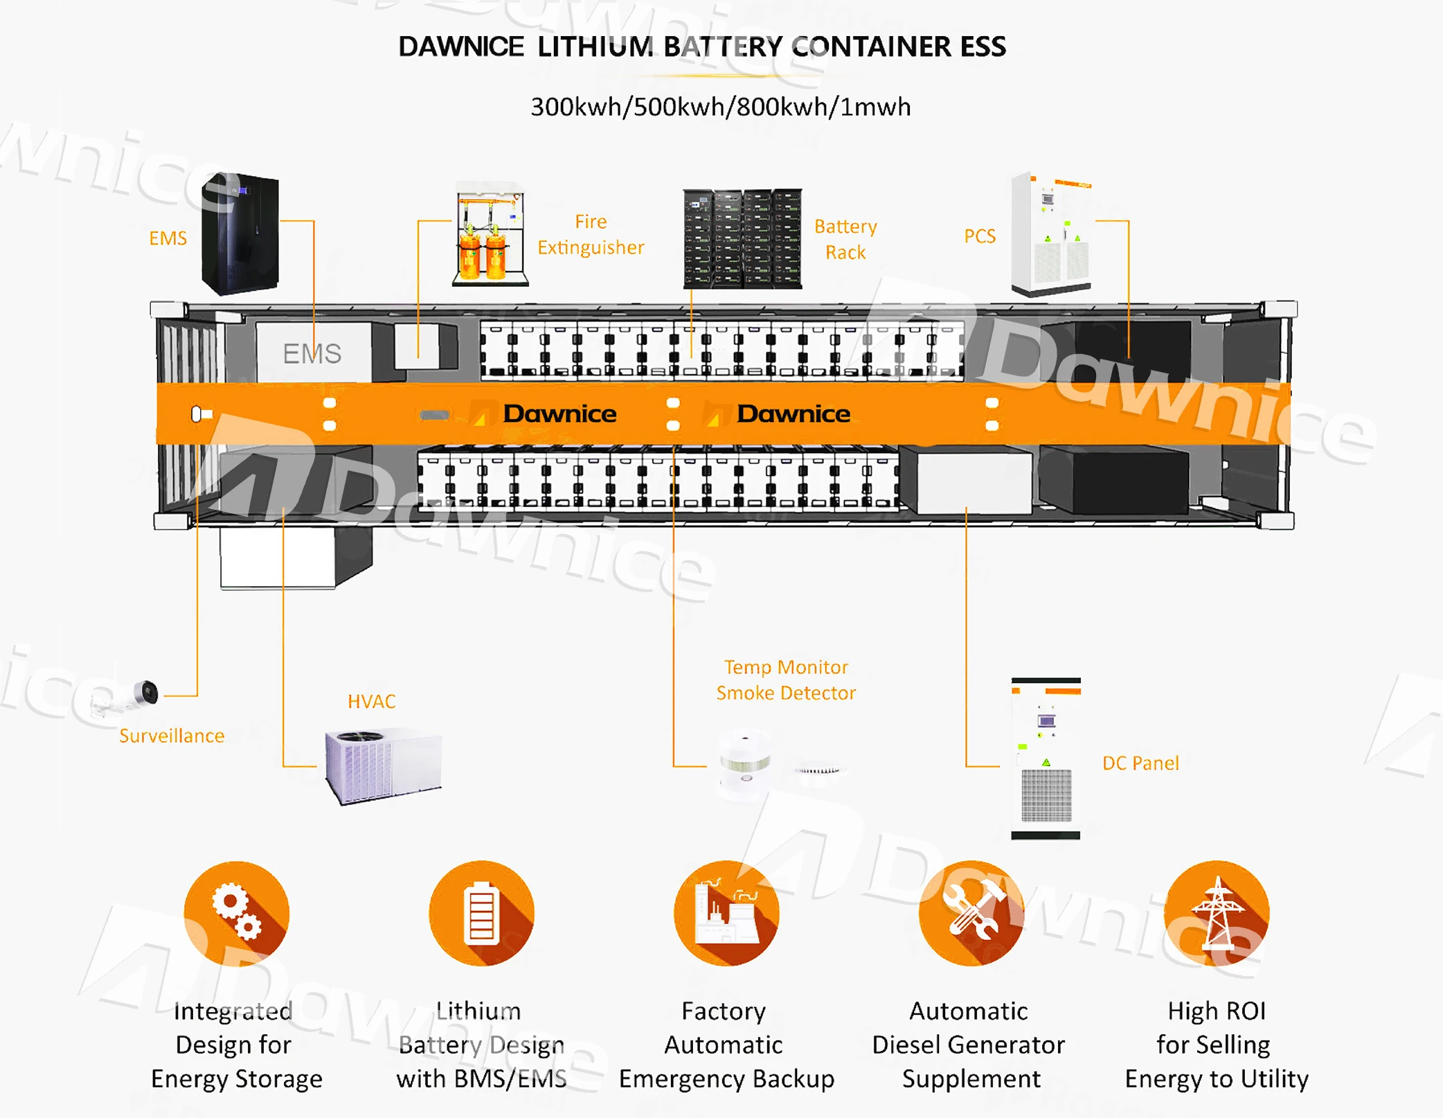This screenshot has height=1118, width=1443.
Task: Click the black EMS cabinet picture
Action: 240,234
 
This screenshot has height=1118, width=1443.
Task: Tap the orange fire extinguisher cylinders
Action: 483,255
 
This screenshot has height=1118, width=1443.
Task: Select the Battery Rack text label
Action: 845,239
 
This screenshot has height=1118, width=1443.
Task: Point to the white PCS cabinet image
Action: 1050,234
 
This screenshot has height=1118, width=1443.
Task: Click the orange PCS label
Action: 979,236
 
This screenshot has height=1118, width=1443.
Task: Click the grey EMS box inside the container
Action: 313,353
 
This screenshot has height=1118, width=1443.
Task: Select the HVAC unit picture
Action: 383,765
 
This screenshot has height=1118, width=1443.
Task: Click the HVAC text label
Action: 371,701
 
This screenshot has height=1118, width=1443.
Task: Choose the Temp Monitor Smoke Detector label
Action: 786,680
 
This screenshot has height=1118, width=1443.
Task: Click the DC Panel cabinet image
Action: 1046,759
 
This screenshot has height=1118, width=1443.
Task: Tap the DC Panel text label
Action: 1140,763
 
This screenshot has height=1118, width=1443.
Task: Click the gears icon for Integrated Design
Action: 237,913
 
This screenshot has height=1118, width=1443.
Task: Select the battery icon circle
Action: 482,913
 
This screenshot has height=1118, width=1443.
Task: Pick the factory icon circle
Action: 726,913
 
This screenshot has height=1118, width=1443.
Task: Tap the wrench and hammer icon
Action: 971,913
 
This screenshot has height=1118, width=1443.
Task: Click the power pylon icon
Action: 1217,913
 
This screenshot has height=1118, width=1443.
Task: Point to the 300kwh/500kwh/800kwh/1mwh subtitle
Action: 720,107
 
